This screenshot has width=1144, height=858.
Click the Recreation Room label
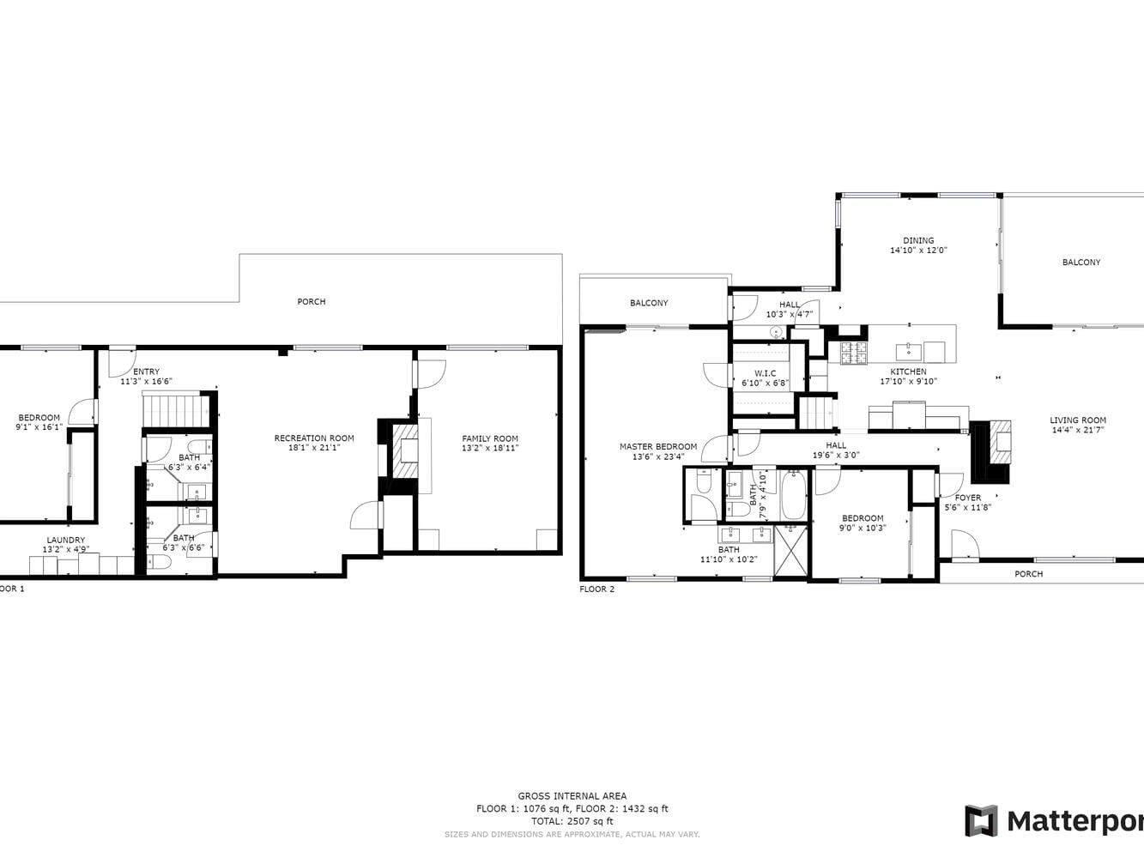pos(314,438)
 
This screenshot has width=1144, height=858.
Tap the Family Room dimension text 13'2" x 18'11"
pos(490,448)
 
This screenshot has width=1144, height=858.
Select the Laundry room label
pos(66,540)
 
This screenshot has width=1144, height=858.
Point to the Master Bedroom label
pos(658,446)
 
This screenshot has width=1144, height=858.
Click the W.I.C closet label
pos(765,373)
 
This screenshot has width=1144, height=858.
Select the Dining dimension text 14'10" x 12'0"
pos(918,251)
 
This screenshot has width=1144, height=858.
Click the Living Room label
pos(1078,420)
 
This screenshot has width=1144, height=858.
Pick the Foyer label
pos(968,498)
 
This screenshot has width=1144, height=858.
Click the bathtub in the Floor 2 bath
pos(793,496)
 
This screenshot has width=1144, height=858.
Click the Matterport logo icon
pos(981,821)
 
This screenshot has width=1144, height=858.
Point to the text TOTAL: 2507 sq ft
pos(572,821)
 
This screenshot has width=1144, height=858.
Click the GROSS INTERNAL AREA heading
pos(572,796)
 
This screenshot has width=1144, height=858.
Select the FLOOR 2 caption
pos(597,589)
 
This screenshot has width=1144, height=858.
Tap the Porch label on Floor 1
pos(312,301)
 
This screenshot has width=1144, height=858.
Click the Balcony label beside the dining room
pos(1081,263)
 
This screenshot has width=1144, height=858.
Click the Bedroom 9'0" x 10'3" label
pos(863,518)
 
